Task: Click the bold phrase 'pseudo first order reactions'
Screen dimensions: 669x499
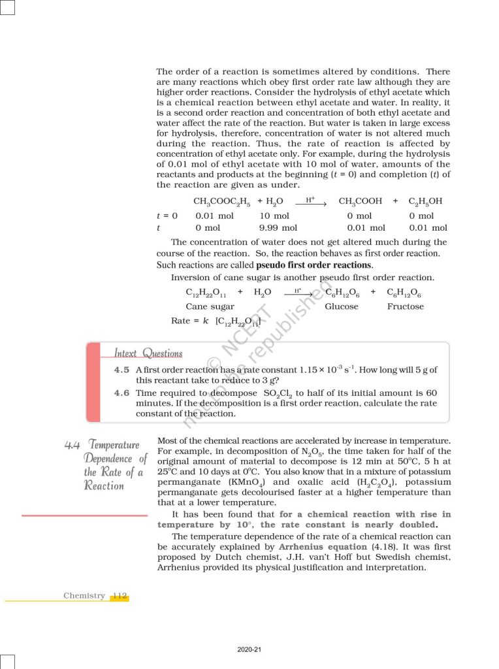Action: [x=314, y=265]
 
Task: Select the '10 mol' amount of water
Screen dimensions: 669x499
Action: [x=274, y=216]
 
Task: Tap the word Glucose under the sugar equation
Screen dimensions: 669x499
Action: [x=341, y=306]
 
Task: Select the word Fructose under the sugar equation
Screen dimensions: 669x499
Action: [x=405, y=306]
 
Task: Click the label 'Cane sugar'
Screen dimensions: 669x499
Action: [x=210, y=306]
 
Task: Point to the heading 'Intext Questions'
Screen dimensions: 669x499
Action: [x=148, y=353]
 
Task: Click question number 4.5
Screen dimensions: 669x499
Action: [x=121, y=370]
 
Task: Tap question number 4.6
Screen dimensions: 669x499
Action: [x=121, y=393]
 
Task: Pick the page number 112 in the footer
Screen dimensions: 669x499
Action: [x=119, y=596]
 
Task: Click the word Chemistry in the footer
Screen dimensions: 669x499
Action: [x=84, y=596]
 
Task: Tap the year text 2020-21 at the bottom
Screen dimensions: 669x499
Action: [x=249, y=649]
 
